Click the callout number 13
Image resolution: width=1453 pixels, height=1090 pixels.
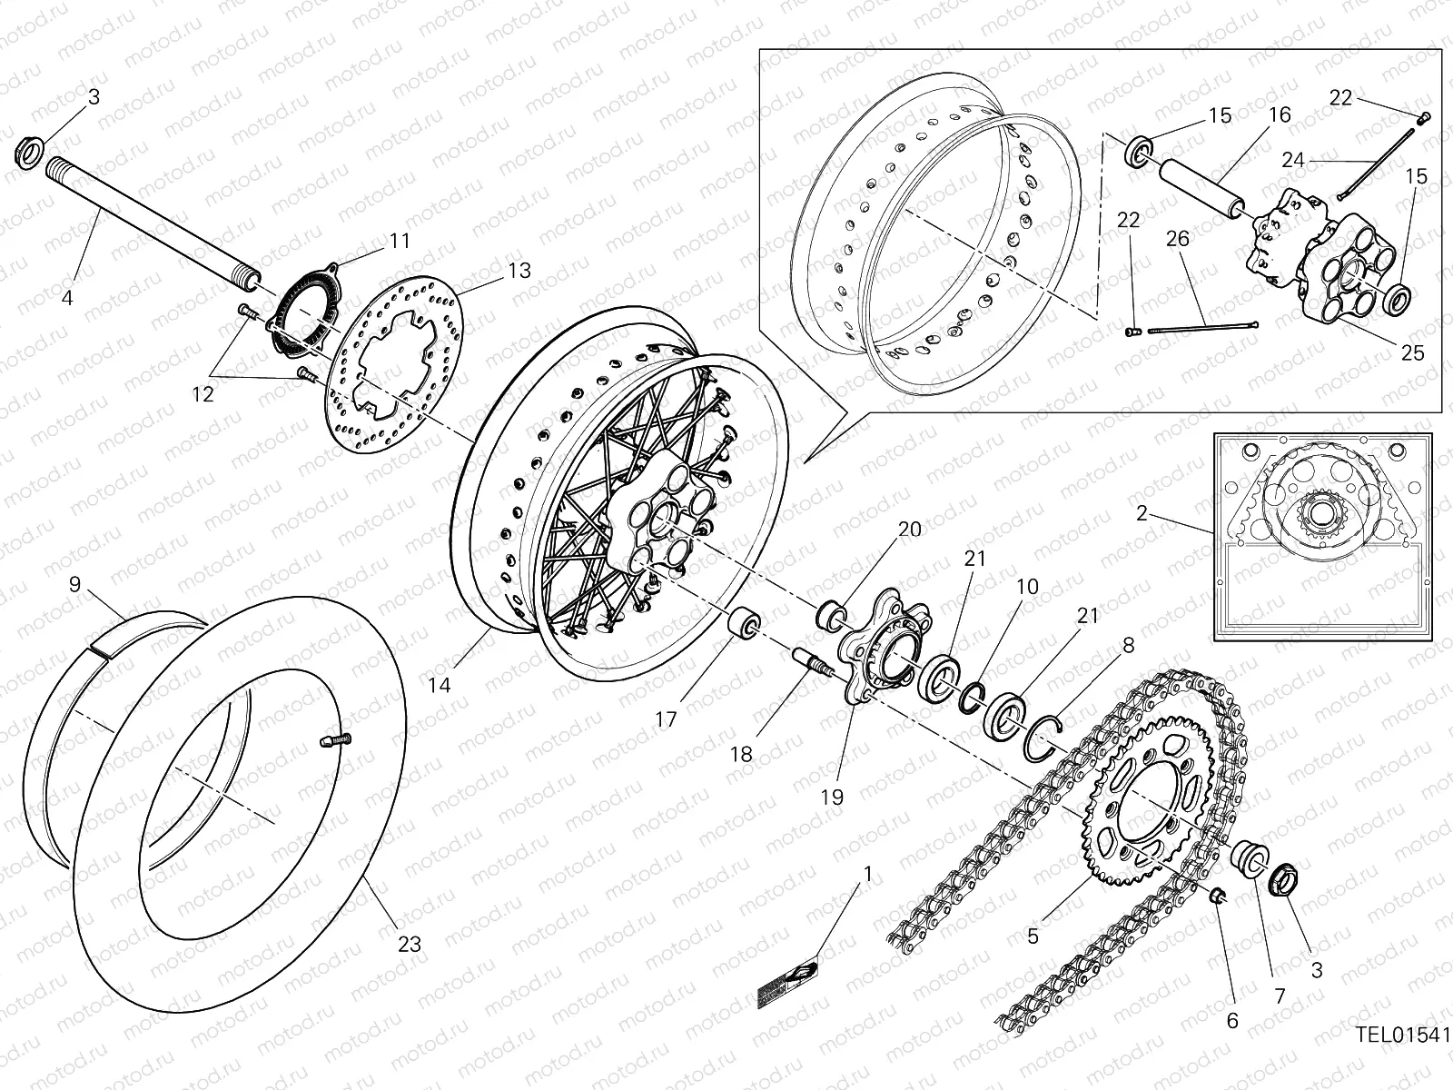click(x=519, y=271)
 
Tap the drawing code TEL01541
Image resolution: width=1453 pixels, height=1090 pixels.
click(x=1403, y=1035)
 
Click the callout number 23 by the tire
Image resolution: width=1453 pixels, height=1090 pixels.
click(x=409, y=945)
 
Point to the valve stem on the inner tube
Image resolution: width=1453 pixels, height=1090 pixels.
click(x=337, y=741)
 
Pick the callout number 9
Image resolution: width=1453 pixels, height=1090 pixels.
click(x=74, y=585)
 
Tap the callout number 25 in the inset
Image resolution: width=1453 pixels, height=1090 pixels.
click(x=1413, y=352)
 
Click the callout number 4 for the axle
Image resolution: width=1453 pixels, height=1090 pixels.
click(x=67, y=297)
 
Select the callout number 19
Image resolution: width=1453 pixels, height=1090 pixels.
click(x=832, y=798)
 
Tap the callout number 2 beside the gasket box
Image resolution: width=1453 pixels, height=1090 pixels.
click(x=1142, y=514)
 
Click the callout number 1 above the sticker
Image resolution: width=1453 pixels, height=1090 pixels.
click(x=867, y=874)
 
